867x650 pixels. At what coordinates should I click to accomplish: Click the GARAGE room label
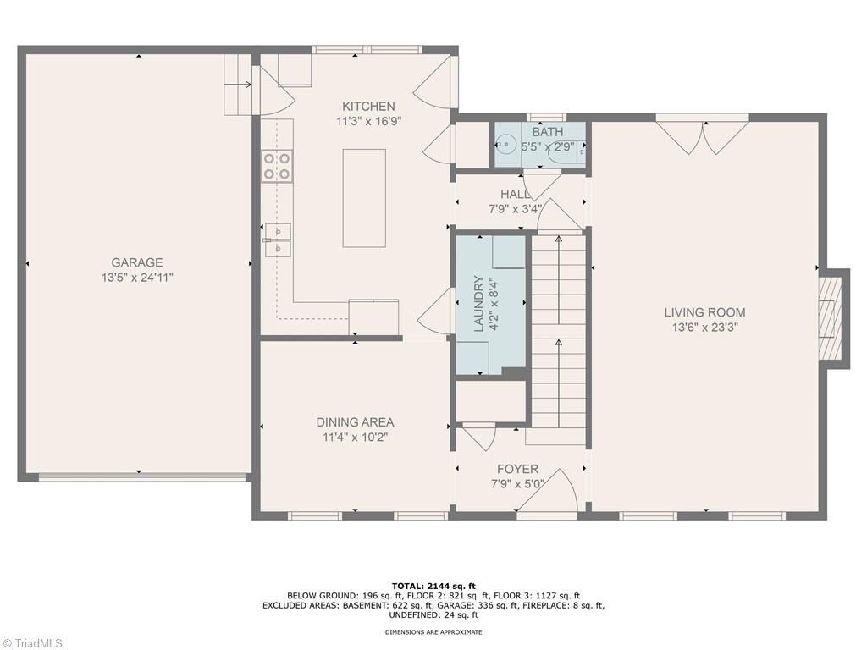point(137,262)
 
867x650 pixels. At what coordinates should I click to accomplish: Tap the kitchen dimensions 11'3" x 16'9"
point(368,121)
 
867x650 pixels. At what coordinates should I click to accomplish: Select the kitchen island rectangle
point(364,198)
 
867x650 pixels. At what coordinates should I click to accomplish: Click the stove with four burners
point(277,165)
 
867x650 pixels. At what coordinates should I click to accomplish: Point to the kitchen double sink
point(277,239)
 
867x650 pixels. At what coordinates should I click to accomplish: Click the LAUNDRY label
point(478,303)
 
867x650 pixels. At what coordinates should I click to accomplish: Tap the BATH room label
point(547,132)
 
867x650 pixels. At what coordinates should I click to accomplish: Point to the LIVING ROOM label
point(704,312)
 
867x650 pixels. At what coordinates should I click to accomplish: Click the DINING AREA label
point(355,422)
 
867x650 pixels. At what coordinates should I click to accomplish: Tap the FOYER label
point(517,469)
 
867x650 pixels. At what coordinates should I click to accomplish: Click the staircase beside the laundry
point(558,339)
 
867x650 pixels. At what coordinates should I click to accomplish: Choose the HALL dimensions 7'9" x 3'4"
point(515,209)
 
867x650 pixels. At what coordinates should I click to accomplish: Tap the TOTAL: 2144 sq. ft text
point(433,586)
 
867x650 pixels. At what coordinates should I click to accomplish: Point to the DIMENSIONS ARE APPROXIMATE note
point(433,632)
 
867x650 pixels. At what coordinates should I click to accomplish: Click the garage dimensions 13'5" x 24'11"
point(137,277)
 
